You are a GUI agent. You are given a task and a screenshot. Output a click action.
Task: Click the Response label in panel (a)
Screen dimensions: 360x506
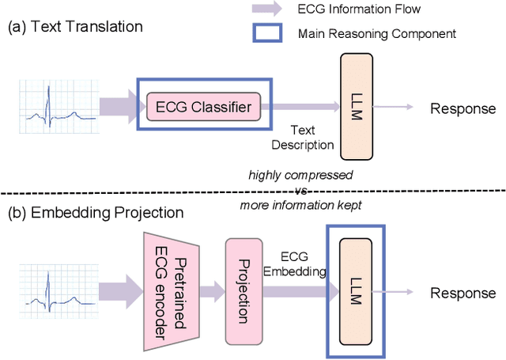[x=463, y=108]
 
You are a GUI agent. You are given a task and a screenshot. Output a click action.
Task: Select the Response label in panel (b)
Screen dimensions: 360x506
[x=463, y=293]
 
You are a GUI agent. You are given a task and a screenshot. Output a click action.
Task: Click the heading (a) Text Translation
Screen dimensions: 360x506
[x=75, y=26]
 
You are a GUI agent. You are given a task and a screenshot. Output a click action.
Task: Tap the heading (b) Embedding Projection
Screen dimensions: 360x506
[x=94, y=213]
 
